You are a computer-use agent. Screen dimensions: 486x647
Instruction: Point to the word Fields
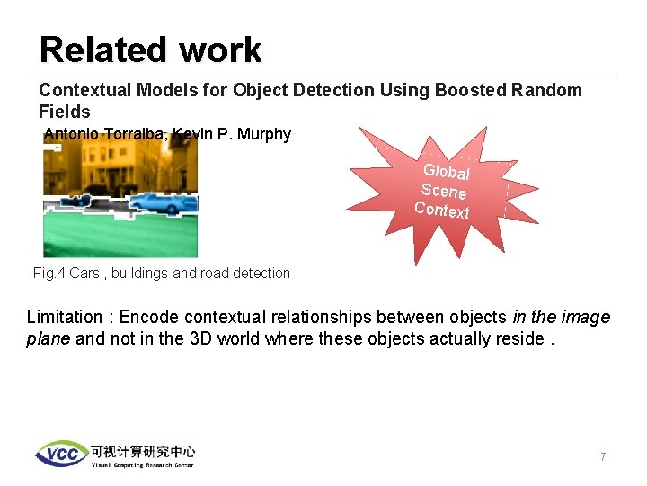64,112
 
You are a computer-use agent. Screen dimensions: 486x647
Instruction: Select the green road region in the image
120,238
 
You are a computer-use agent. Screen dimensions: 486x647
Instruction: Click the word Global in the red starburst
447,172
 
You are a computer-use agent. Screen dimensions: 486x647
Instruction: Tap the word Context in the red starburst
441,210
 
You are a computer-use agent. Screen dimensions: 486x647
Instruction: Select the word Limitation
65,317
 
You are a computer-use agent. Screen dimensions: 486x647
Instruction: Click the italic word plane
49,338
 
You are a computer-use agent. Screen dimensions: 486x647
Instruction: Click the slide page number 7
603,457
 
